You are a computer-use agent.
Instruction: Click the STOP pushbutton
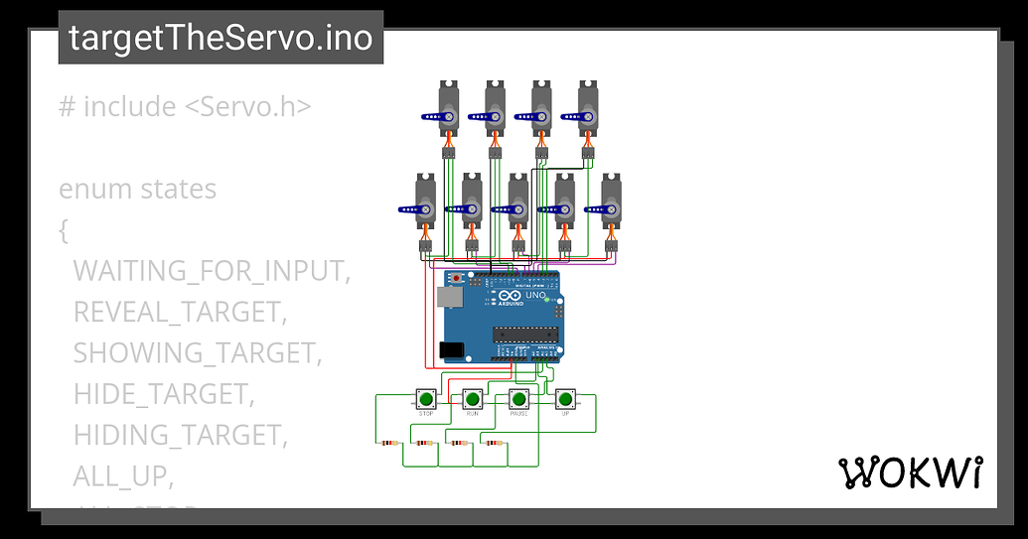click(425, 399)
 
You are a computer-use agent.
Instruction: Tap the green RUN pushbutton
click(472, 399)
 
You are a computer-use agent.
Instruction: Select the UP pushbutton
click(565, 399)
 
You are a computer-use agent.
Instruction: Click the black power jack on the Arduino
click(451, 349)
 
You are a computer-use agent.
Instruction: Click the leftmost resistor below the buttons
click(388, 443)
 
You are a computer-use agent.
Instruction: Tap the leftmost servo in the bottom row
click(425, 202)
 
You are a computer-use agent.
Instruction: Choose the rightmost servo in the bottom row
click(611, 202)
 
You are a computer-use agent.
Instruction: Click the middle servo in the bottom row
click(517, 202)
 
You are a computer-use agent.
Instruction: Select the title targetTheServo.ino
click(220, 38)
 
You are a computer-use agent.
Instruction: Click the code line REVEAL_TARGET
click(180, 312)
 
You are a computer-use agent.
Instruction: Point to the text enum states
click(137, 189)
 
